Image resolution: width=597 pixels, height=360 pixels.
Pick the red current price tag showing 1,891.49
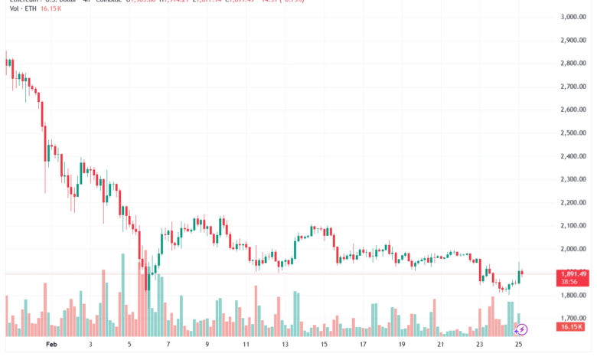tap(573, 273)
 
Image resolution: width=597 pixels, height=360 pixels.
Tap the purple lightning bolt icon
tap(521, 329)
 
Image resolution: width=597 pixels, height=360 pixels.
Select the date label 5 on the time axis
tap(129, 345)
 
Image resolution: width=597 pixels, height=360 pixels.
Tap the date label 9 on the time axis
tap(207, 345)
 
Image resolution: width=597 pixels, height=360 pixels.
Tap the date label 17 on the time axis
tap(364, 345)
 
